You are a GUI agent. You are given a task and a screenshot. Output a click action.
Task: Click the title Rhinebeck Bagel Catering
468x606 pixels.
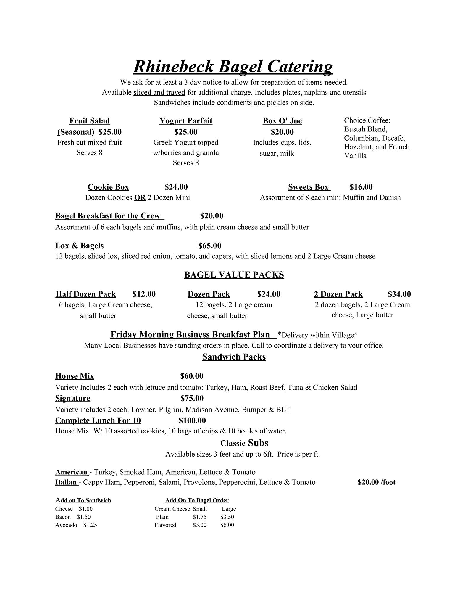(x=233, y=67)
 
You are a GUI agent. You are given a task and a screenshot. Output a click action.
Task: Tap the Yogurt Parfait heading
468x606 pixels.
(x=186, y=121)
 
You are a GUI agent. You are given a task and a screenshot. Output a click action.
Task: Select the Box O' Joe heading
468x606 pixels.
(x=282, y=121)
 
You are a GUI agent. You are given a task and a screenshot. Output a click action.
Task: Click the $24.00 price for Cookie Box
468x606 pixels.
(x=176, y=187)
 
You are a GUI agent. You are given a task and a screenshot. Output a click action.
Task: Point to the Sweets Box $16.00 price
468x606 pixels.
(x=361, y=187)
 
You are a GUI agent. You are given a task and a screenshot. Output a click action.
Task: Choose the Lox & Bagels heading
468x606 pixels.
(x=79, y=246)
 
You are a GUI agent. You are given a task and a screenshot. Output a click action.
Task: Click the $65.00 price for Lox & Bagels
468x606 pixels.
(x=209, y=246)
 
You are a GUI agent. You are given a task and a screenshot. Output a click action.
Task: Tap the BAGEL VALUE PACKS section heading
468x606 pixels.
(x=234, y=275)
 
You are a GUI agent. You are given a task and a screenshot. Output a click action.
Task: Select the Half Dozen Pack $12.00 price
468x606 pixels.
(x=144, y=294)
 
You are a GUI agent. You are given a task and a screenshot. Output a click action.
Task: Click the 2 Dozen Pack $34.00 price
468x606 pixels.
(x=399, y=294)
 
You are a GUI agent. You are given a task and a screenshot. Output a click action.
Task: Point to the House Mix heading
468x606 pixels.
(x=75, y=376)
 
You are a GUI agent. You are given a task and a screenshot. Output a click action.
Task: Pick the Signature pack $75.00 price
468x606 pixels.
(x=192, y=398)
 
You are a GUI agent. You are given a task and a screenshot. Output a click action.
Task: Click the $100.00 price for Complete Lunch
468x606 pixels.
(x=192, y=420)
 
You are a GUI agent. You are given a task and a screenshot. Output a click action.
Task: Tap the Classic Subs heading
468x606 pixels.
(x=244, y=443)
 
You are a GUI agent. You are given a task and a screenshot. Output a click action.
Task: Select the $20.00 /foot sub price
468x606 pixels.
(x=376, y=482)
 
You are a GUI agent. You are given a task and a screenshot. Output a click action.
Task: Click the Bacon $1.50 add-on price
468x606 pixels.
(x=84, y=517)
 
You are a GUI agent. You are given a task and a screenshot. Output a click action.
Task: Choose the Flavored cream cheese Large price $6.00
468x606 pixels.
(x=227, y=525)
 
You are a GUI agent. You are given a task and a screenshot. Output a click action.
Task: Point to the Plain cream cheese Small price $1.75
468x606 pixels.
(x=199, y=517)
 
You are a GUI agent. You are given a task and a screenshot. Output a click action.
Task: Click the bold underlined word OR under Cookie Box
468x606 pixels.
(x=140, y=198)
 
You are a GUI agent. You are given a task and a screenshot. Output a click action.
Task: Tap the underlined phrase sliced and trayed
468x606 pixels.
(x=159, y=93)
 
